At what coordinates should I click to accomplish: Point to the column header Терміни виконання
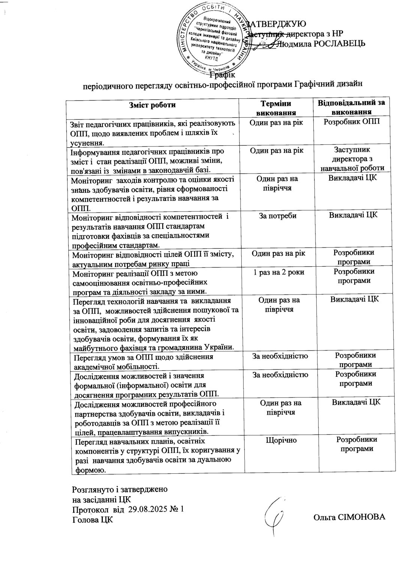276,107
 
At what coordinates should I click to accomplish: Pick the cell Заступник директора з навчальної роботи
352,159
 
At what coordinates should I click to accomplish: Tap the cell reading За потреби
278,216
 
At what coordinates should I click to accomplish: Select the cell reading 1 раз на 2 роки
278,272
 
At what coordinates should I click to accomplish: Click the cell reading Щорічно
278,440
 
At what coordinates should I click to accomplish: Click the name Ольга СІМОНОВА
349,517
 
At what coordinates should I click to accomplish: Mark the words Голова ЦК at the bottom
92,520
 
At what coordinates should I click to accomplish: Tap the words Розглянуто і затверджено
120,490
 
